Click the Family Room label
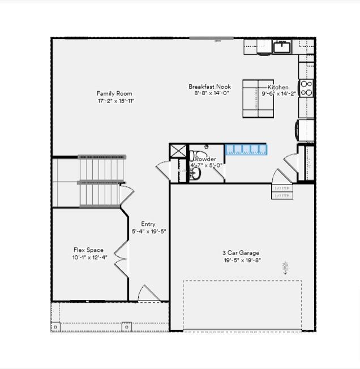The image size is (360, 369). click(114, 93)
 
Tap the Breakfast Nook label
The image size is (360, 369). click(210, 87)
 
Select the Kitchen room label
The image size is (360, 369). click(278, 87)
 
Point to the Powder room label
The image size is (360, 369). click(206, 159)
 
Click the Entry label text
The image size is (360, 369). click(148, 224)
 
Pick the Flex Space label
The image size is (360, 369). click(88, 250)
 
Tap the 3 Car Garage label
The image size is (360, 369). click(241, 253)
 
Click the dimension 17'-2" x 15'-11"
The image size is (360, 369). click(115, 101)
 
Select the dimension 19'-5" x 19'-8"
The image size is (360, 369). click(241, 260)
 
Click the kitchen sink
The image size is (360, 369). click(282, 47)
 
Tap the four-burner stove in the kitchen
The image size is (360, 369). click(306, 88)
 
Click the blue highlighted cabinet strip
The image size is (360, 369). click(246, 149)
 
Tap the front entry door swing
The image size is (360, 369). click(149, 294)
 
